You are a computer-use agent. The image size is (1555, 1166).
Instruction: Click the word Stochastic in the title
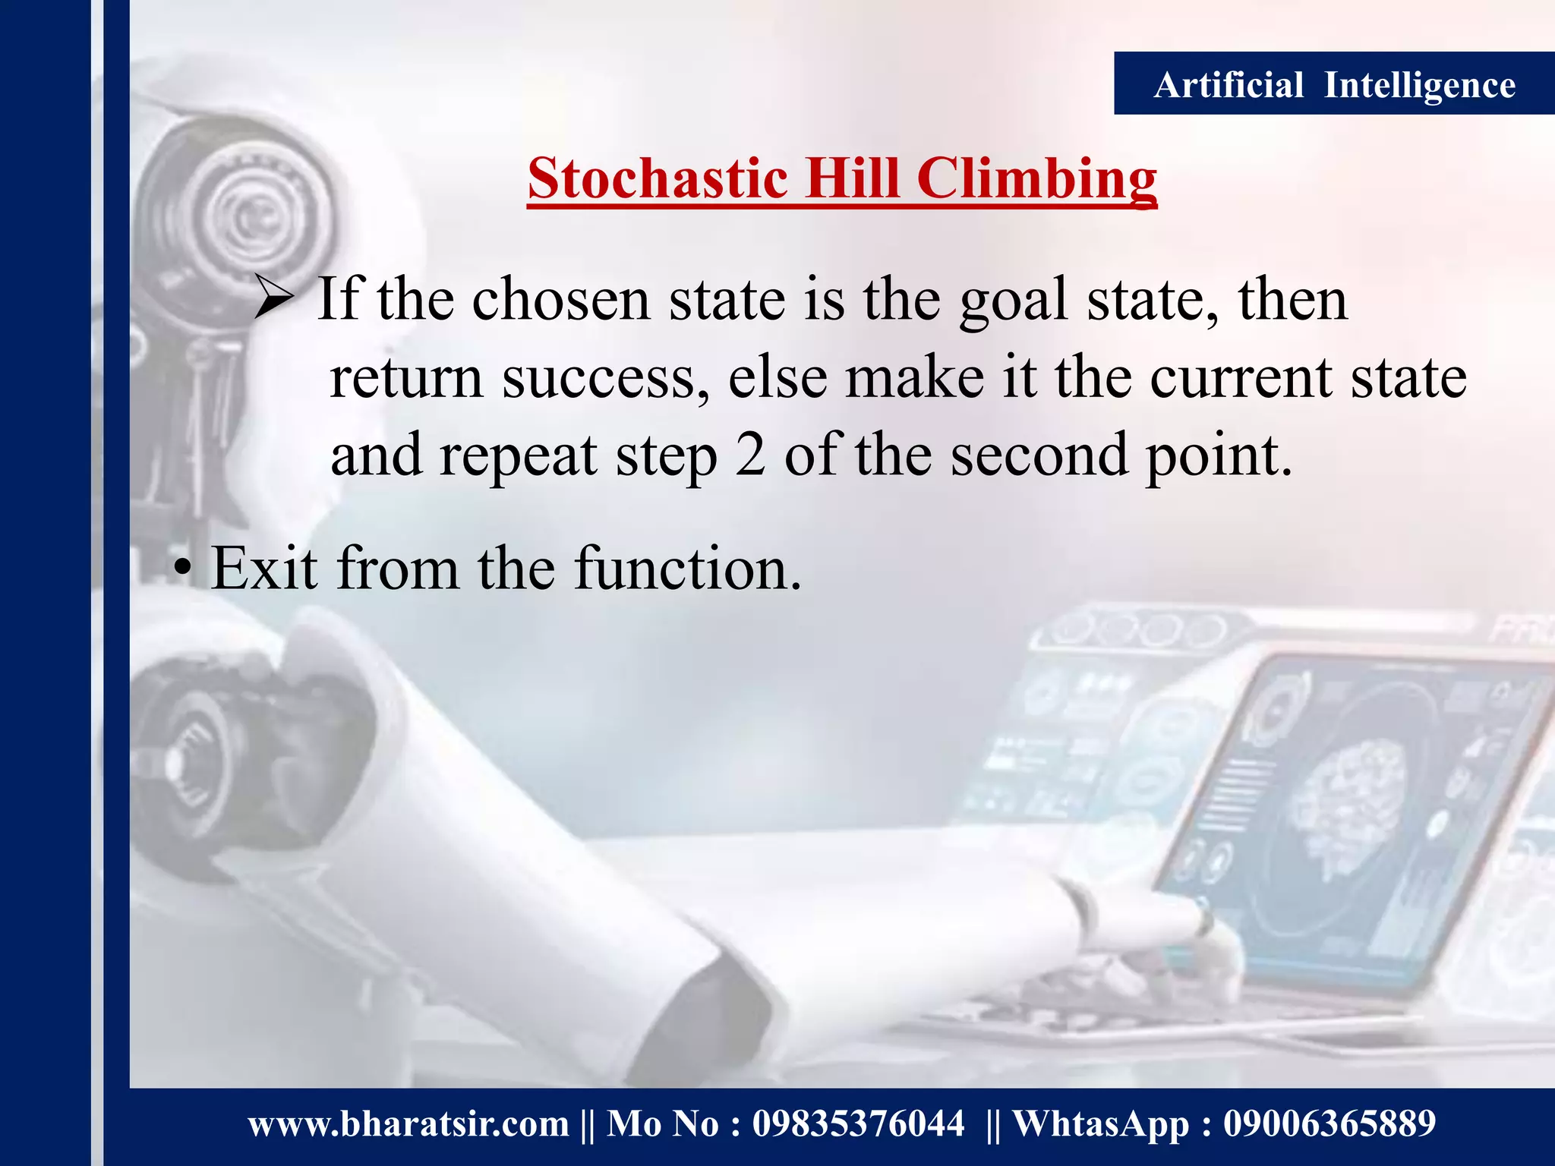[658, 179]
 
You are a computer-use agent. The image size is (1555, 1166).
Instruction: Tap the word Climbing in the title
[1036, 181]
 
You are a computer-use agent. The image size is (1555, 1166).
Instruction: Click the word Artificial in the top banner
[1229, 84]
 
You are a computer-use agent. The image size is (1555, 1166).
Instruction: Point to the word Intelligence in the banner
[1420, 86]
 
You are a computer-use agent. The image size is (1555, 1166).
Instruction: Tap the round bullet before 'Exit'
[182, 569]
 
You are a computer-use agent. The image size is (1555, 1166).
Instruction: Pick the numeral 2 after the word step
[750, 455]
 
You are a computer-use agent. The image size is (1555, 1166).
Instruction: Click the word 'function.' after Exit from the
[688, 568]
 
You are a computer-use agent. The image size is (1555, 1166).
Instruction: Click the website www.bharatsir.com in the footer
[408, 1123]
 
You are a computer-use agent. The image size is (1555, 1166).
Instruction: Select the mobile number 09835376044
[858, 1123]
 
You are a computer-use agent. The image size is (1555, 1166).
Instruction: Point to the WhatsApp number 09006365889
[1329, 1123]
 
